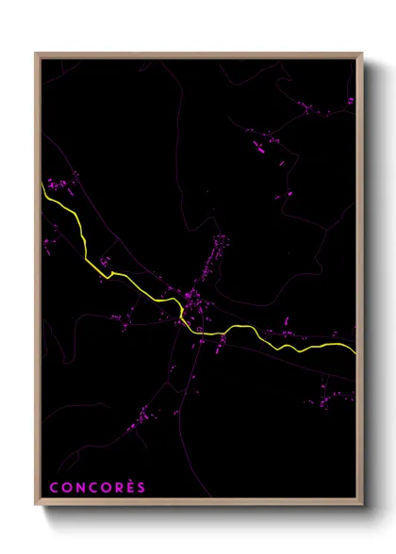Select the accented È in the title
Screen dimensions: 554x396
coord(131,487)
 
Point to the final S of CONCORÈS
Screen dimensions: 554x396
coord(141,488)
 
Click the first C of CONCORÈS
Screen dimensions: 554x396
coord(54,488)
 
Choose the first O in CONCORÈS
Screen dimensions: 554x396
coord(66,488)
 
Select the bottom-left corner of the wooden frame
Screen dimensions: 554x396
coord(36,506)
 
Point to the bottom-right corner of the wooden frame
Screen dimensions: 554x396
coord(362,506)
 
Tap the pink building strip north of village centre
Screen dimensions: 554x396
coord(219,250)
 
